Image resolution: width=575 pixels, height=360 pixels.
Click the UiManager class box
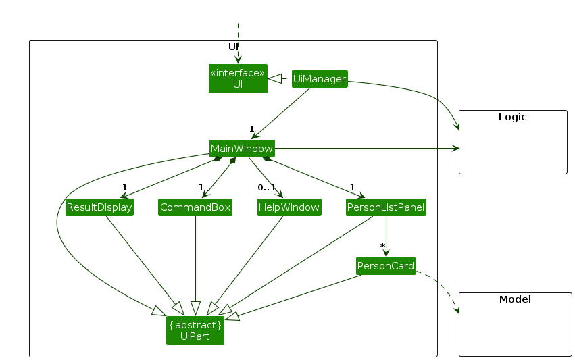pyautogui.click(x=320, y=79)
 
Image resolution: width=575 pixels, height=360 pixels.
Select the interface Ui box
pyautogui.click(x=238, y=78)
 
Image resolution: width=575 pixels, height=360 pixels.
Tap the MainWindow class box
pyautogui.click(x=242, y=148)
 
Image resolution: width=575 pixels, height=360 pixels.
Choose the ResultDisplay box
pyautogui.click(x=99, y=207)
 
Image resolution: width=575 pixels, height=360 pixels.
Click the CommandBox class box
pyautogui.click(x=195, y=207)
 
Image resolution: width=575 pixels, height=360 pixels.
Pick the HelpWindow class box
pyautogui.click(x=289, y=207)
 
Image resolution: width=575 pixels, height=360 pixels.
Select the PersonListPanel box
pyautogui.click(x=386, y=207)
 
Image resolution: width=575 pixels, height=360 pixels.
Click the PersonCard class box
pyautogui.click(x=386, y=265)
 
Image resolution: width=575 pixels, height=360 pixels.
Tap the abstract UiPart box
pyautogui.click(x=195, y=330)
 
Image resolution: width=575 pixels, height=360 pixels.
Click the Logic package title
pyautogui.click(x=512, y=117)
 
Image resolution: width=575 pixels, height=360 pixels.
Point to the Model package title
pyautogui.click(x=515, y=299)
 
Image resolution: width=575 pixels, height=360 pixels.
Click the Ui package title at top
pyautogui.click(x=234, y=47)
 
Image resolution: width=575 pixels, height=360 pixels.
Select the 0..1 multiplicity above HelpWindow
pyautogui.click(x=267, y=187)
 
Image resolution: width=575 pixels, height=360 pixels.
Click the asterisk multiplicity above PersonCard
pyautogui.click(x=382, y=247)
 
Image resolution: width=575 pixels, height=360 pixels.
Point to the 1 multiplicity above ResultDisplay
pyautogui.click(x=125, y=187)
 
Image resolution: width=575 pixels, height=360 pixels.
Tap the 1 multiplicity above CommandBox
pyautogui.click(x=201, y=187)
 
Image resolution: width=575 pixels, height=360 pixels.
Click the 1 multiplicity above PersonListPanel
pyautogui.click(x=352, y=187)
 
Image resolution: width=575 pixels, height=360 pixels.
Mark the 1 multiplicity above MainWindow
pyautogui.click(x=251, y=128)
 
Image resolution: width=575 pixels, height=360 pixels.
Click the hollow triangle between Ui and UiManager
pyautogui.click(x=275, y=80)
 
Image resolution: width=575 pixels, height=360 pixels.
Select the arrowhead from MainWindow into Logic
pyautogui.click(x=455, y=148)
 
